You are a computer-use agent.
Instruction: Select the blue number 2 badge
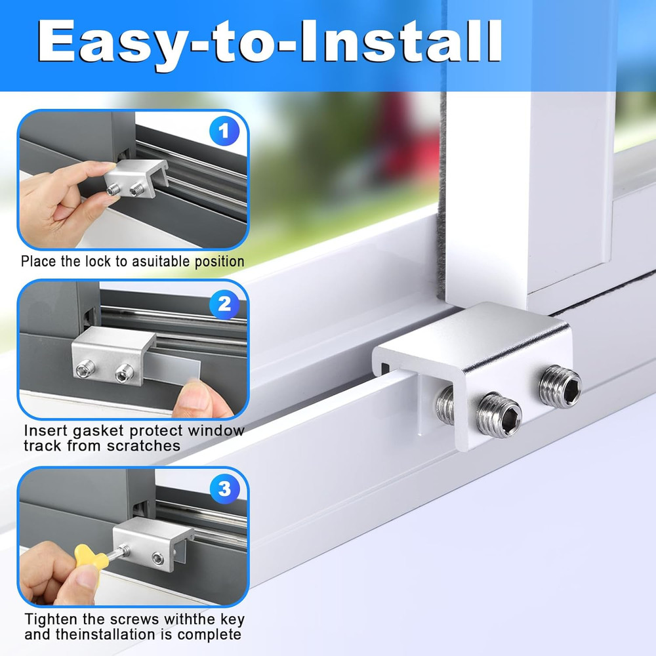pyautogui.click(x=224, y=304)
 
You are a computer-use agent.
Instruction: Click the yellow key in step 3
pyautogui.click(x=88, y=558)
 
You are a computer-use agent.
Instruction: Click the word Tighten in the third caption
pyautogui.click(x=50, y=619)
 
